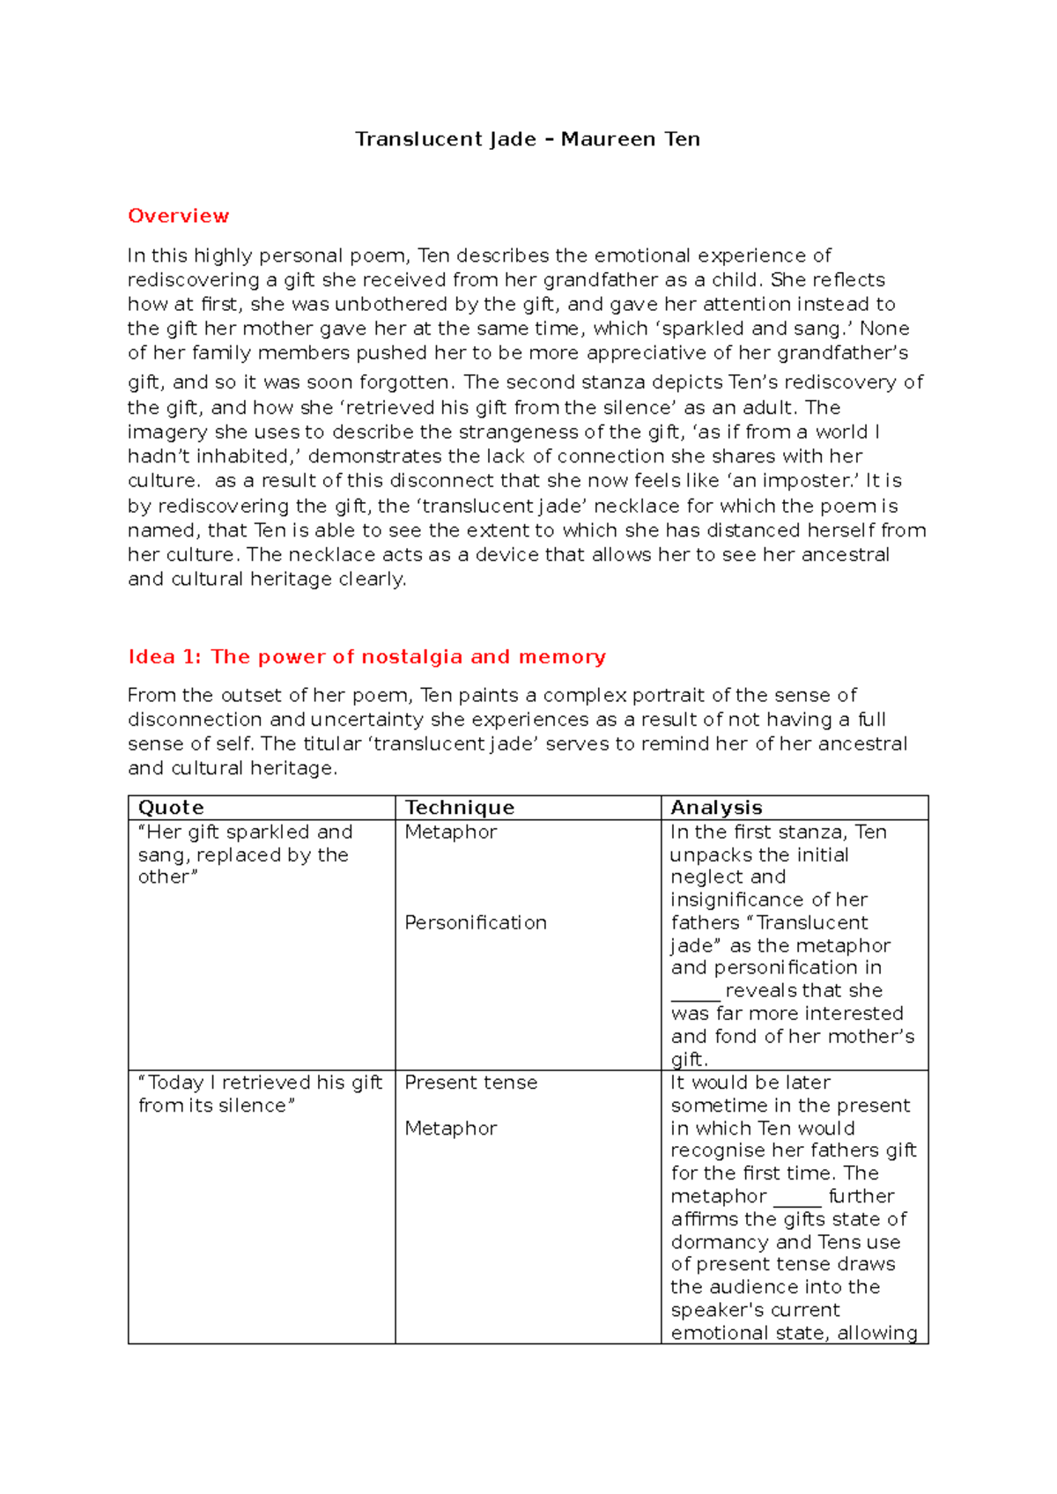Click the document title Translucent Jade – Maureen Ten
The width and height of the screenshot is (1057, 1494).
tap(528, 139)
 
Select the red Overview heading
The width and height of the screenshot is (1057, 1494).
tap(178, 216)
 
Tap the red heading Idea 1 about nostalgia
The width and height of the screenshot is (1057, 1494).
tap(366, 656)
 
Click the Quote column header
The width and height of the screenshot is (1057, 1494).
tap(171, 808)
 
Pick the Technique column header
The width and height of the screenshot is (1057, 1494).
tap(459, 808)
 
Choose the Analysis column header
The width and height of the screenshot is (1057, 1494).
tap(716, 808)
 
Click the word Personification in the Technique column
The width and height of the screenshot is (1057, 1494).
tap(476, 922)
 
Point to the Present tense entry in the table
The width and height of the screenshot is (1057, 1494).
tap(470, 1083)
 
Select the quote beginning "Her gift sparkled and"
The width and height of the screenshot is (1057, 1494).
tap(245, 854)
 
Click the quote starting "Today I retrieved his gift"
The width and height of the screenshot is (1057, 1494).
tap(260, 1093)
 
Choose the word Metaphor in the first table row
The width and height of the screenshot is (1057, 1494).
tap(451, 832)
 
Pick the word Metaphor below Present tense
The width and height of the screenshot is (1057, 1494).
tap(451, 1128)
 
